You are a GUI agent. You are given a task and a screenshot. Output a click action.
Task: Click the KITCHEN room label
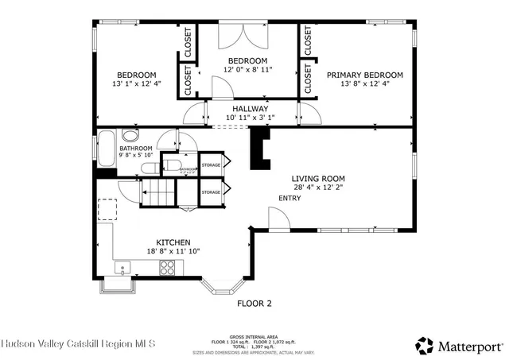point(173,242)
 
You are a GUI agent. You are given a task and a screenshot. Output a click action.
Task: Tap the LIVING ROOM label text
point(323,179)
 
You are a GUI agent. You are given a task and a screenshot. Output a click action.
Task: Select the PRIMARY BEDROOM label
point(364,75)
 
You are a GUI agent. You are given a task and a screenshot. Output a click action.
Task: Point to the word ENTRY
point(289,198)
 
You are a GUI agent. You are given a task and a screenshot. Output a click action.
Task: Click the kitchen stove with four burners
point(168,268)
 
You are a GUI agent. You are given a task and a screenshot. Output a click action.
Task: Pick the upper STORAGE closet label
point(210,165)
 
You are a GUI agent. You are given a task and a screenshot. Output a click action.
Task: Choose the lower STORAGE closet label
point(210,192)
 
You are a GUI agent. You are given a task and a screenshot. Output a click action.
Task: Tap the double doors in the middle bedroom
point(247,37)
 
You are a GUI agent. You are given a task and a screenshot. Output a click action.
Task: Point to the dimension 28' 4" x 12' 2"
point(323,188)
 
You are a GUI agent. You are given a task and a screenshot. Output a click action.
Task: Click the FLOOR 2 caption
point(254,303)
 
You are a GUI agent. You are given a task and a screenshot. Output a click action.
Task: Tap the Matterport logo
point(459,345)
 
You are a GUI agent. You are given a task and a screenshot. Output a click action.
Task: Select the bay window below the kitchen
point(218,285)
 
